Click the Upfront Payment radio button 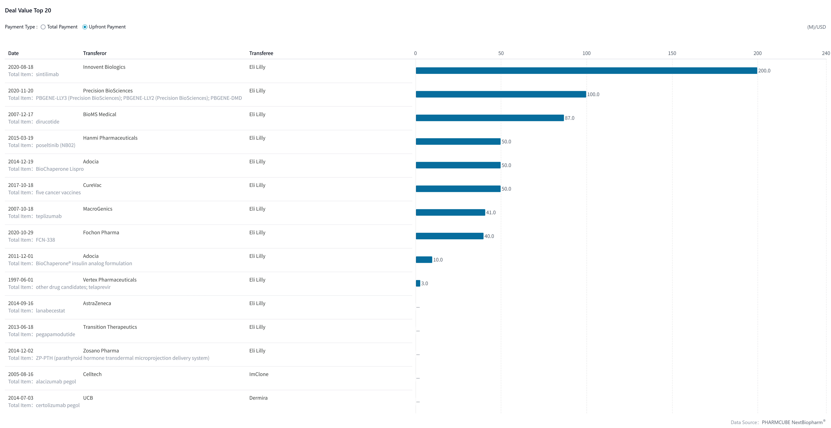(x=85, y=27)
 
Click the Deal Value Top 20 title (x=28, y=10)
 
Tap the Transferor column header (x=95, y=53)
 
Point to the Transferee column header (x=261, y=53)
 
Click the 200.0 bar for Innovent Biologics (x=586, y=71)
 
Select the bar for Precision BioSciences (x=501, y=94)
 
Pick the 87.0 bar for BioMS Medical (x=490, y=118)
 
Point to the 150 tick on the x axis (x=672, y=53)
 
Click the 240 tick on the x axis (x=826, y=53)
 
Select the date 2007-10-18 (x=21, y=209)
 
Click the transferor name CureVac (x=92, y=185)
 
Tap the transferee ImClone (x=259, y=374)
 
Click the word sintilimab (x=47, y=74)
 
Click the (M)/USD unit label (x=816, y=27)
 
